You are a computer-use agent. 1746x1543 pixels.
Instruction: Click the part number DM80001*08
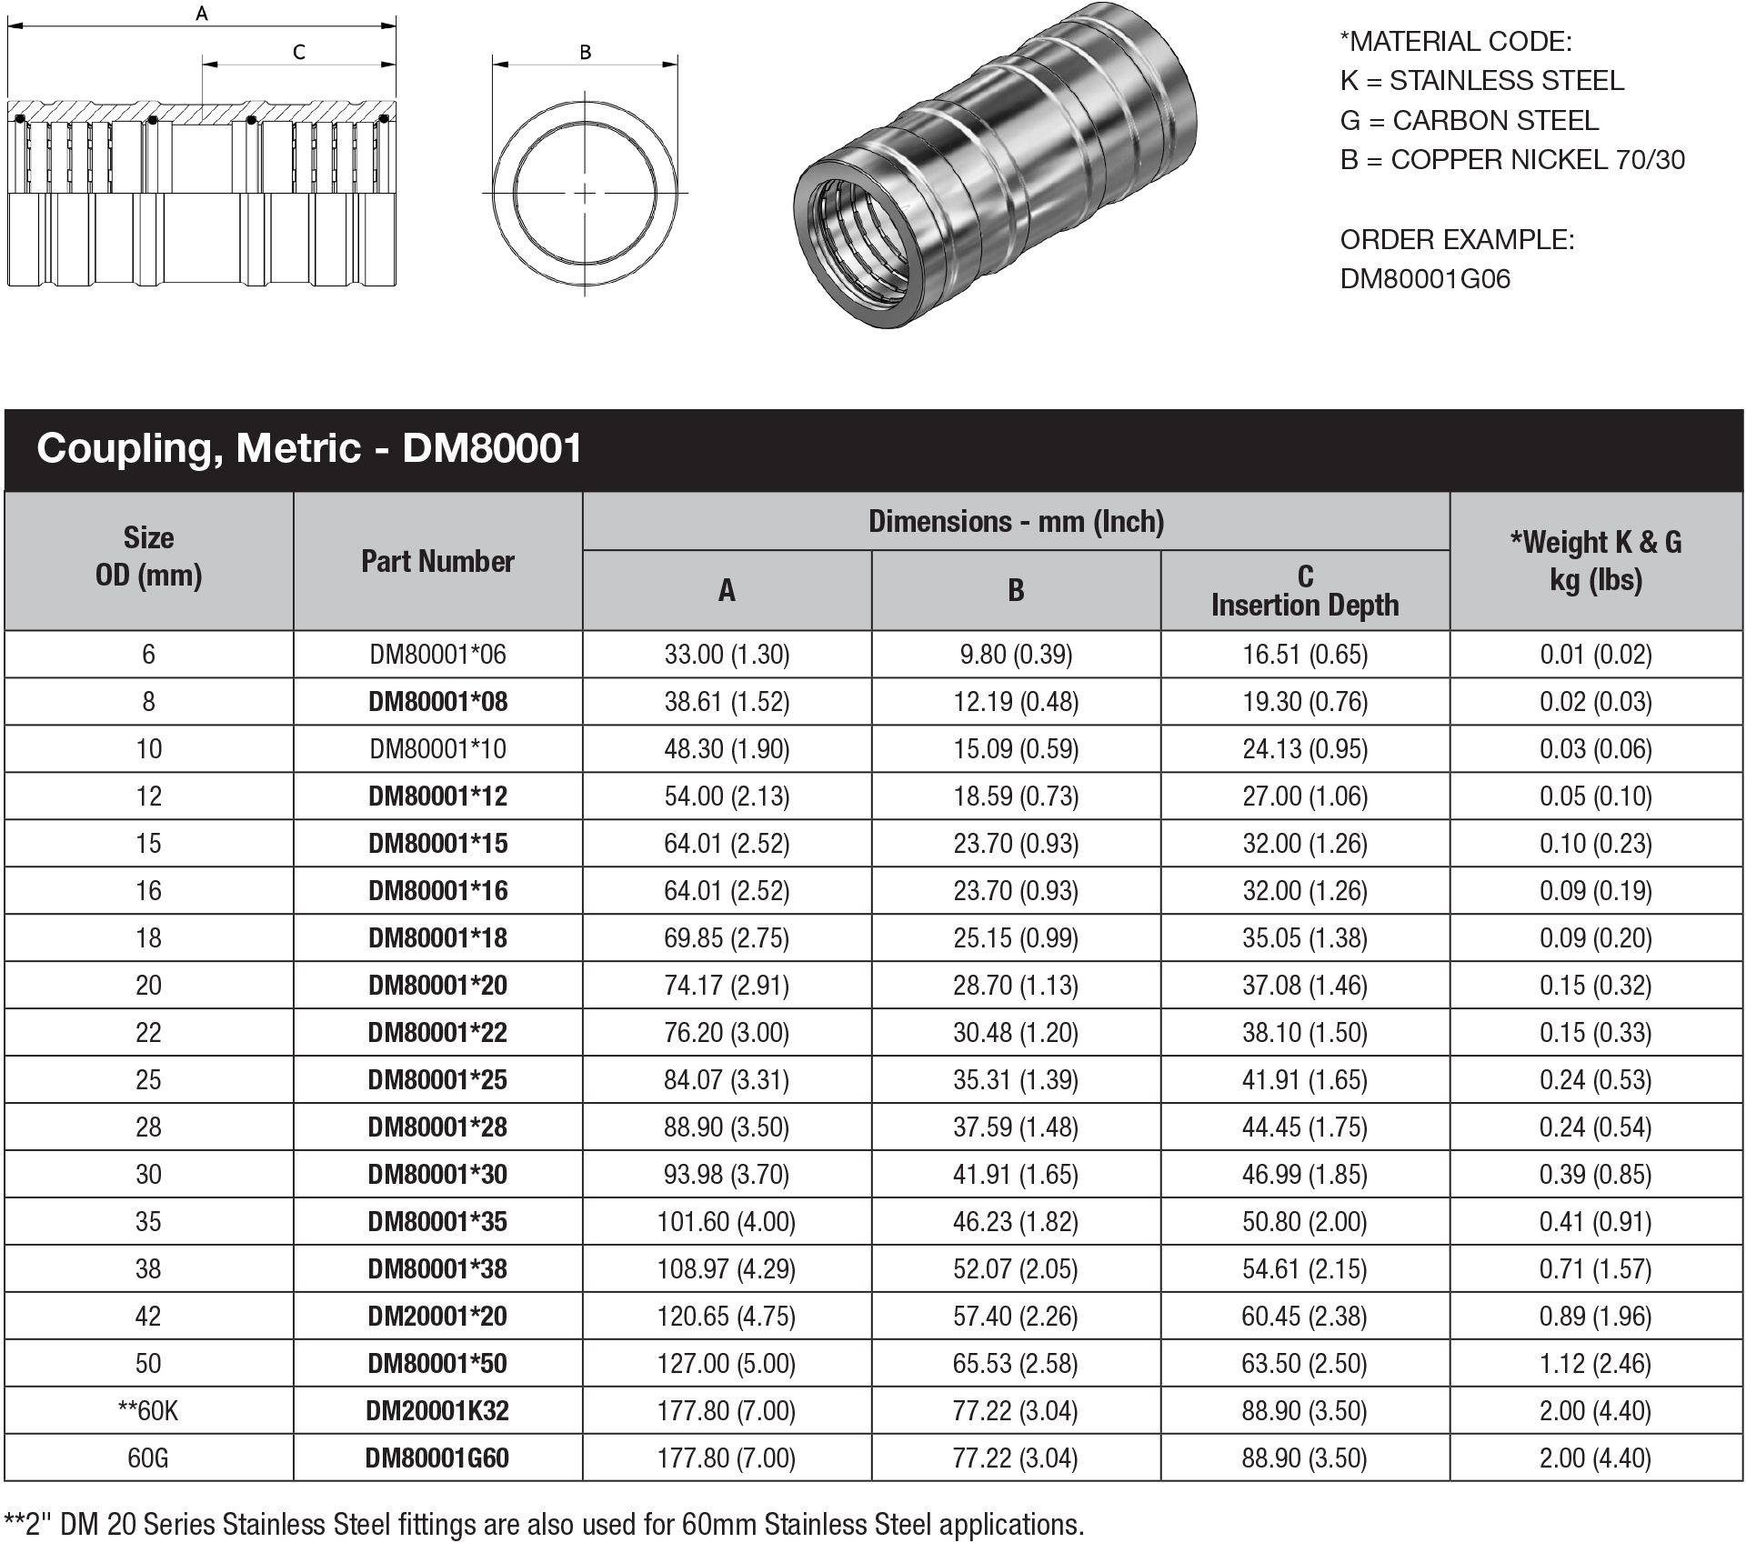(437, 702)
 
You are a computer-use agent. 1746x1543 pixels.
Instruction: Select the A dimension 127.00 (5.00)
(726, 1364)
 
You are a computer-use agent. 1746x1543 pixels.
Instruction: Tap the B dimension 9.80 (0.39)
(1016, 655)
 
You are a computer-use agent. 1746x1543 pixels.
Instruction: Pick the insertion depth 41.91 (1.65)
(1305, 1080)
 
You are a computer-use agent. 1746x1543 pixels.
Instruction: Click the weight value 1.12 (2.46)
(1595, 1364)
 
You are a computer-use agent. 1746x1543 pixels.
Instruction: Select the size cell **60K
(148, 1411)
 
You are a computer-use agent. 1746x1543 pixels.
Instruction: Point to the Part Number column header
(437, 562)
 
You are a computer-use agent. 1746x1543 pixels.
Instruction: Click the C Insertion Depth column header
(1305, 591)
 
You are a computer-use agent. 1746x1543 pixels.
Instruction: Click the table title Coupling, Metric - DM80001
(309, 448)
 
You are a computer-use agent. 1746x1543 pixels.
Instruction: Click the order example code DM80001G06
(1425, 278)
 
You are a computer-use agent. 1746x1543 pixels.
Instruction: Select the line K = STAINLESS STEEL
(1481, 81)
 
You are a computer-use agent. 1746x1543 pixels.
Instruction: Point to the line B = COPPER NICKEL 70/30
(1511, 160)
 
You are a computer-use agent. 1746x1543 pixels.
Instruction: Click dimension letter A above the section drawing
(202, 14)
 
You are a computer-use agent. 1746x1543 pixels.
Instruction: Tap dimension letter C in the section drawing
(299, 53)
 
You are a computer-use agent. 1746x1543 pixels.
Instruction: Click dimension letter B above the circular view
(586, 53)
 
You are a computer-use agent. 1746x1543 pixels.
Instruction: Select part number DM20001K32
(437, 1411)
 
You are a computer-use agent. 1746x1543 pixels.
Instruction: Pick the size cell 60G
(148, 1458)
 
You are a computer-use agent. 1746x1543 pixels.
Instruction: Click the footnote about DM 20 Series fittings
(544, 1524)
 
